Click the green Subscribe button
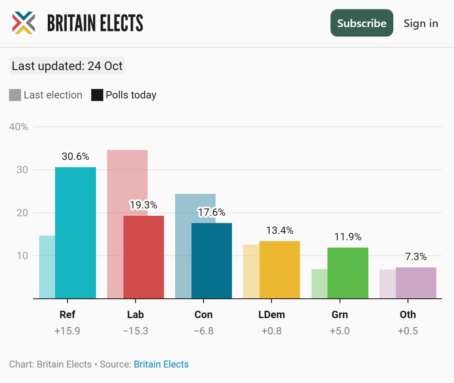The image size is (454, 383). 361,23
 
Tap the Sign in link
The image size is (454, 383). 420,23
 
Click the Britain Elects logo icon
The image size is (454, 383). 23,23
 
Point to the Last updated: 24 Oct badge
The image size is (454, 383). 67,66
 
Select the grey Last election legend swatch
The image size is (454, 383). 15,95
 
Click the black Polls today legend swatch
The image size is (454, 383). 97,95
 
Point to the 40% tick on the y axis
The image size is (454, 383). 19,127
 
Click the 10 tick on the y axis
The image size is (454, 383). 22,256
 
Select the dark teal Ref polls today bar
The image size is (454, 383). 75,233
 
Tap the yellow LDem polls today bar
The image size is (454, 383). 279,270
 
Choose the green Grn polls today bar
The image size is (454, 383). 348,273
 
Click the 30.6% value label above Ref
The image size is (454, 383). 75,156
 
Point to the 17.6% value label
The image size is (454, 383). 211,212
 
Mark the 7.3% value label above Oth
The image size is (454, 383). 416,257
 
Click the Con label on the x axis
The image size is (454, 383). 204,315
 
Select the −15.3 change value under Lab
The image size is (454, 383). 136,331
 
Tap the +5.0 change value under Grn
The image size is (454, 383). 340,331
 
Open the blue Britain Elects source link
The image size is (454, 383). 161,365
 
